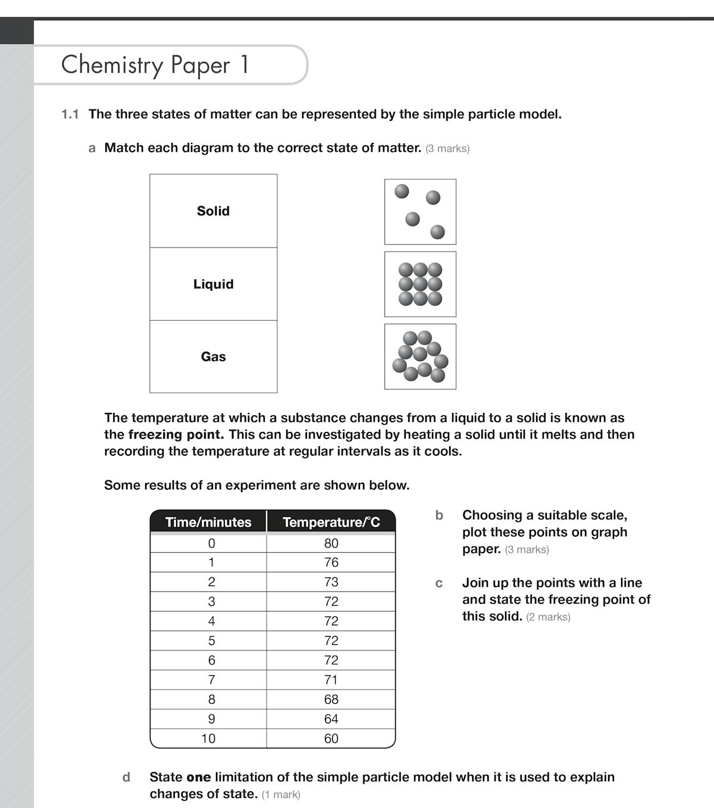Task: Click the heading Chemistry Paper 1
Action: tap(155, 65)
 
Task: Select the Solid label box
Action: tap(213, 211)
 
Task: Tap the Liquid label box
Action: tap(213, 284)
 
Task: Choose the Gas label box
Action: tap(213, 356)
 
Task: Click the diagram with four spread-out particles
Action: tap(420, 212)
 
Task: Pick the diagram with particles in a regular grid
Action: tap(420, 284)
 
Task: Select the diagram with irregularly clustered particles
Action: tap(420, 356)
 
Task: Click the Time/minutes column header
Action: tap(208, 522)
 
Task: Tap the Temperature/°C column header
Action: tap(331, 522)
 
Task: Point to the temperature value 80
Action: tap(331, 543)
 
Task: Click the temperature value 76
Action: tap(331, 562)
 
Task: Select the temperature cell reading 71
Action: tap(331, 679)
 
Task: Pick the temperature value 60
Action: tap(331, 738)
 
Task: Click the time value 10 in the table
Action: tap(208, 738)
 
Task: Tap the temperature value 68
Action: tap(331, 699)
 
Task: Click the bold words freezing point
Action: tap(176, 434)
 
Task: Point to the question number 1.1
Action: tap(70, 114)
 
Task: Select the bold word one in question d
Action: tap(199, 777)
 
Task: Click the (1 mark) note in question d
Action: tap(281, 794)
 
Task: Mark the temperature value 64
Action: tap(331, 719)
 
